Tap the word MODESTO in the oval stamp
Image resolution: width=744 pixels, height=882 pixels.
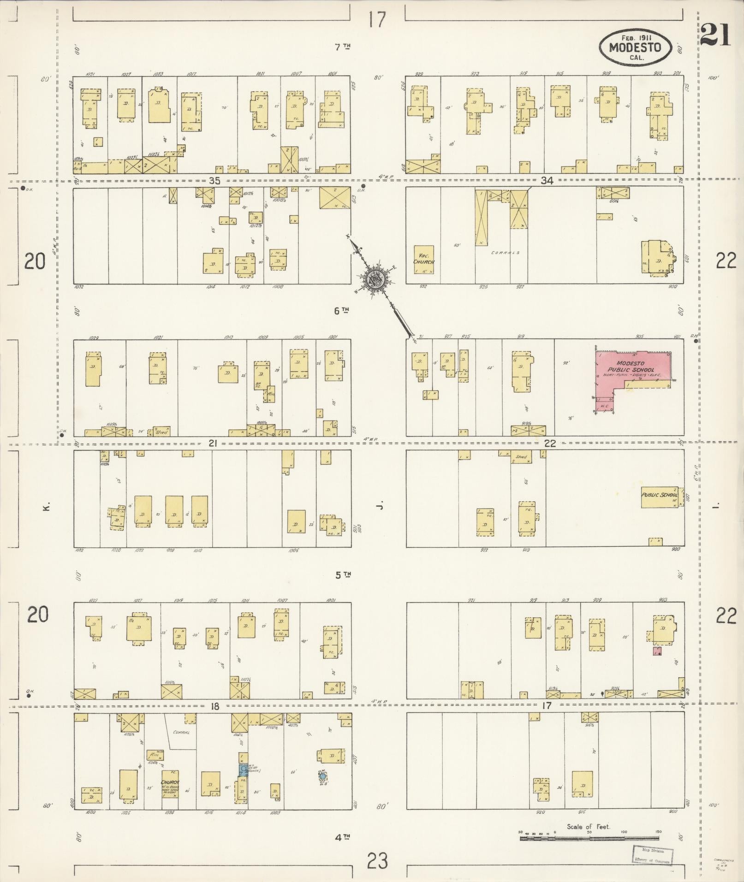click(635, 47)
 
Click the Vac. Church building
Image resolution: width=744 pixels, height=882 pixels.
click(423, 260)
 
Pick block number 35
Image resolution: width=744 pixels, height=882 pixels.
click(214, 181)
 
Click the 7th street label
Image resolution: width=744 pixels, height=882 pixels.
click(342, 47)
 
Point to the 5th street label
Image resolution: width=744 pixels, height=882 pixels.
click(342, 575)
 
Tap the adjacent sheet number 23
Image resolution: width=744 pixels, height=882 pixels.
click(378, 860)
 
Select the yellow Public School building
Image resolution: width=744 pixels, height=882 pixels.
click(660, 497)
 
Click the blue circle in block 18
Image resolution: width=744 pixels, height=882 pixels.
click(323, 776)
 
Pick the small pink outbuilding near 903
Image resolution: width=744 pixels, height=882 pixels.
click(657, 651)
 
